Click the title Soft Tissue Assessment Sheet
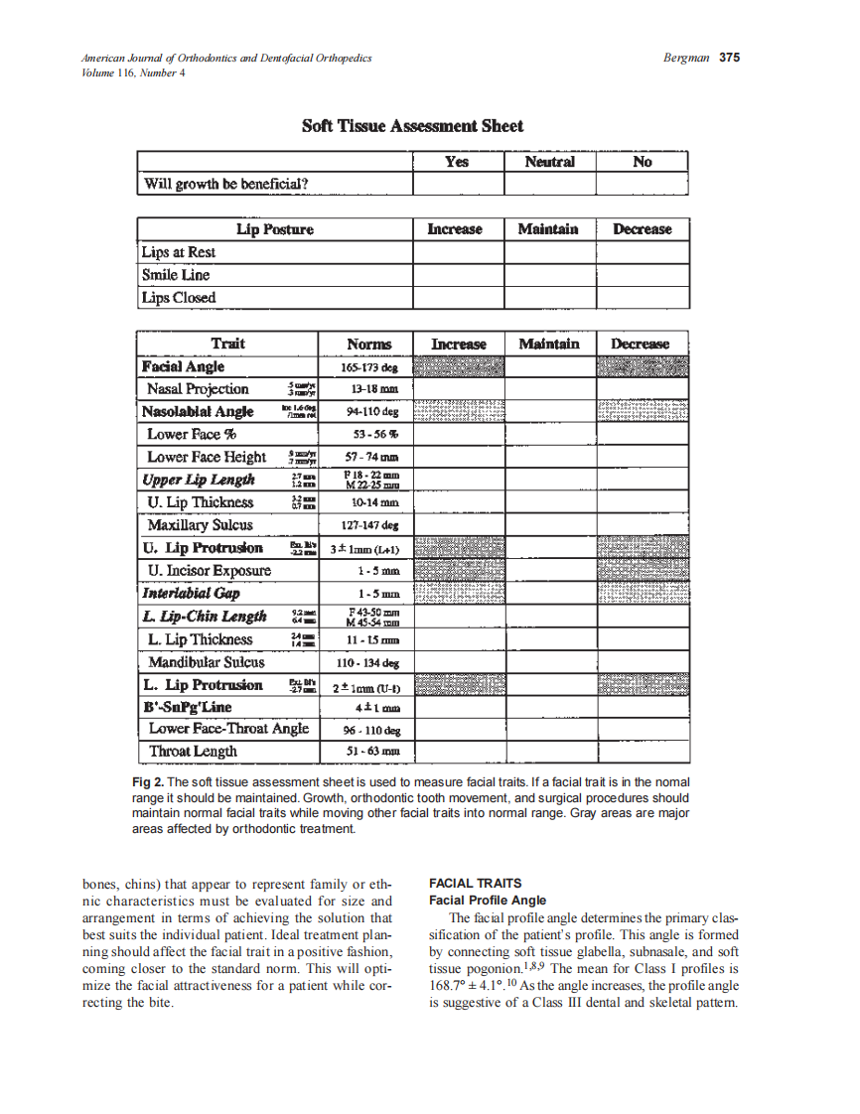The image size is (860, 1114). pos(412,126)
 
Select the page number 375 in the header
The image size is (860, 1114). pos(729,58)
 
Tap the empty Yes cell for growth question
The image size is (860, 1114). pos(457,184)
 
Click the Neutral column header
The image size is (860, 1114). pos(549,162)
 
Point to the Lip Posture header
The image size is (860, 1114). pos(274,229)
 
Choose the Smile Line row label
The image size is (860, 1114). pos(176,275)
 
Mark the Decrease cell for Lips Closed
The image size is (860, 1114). pos(642,298)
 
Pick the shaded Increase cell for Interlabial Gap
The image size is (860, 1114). pos(458,594)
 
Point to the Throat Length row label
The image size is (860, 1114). pos(193,752)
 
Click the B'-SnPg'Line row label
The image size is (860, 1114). pos(188,707)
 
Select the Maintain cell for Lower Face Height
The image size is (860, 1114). pos(549,458)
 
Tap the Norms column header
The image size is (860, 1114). pos(368,345)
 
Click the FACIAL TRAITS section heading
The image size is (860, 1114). pos(475,883)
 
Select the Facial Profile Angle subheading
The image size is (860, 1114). pos(487,901)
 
